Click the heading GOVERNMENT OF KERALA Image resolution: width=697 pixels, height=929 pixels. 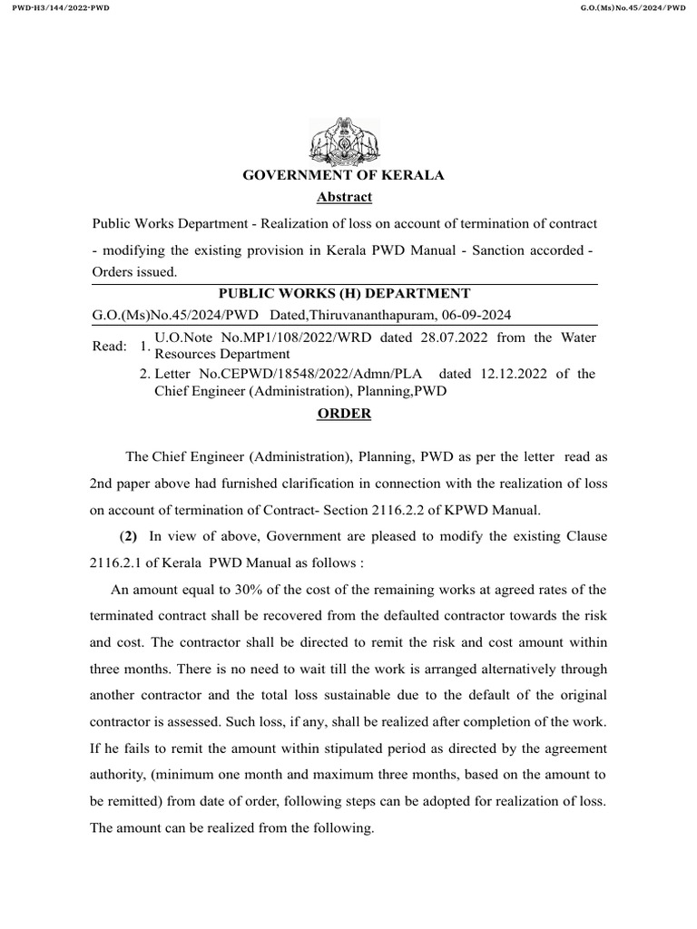343,175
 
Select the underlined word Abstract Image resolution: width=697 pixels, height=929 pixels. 344,197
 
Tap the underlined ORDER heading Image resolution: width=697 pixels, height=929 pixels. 344,413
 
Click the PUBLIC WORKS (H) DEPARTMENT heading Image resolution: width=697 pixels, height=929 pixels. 344,293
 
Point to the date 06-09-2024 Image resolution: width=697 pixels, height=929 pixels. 477,315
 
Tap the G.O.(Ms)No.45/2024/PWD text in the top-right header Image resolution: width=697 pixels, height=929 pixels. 632,7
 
